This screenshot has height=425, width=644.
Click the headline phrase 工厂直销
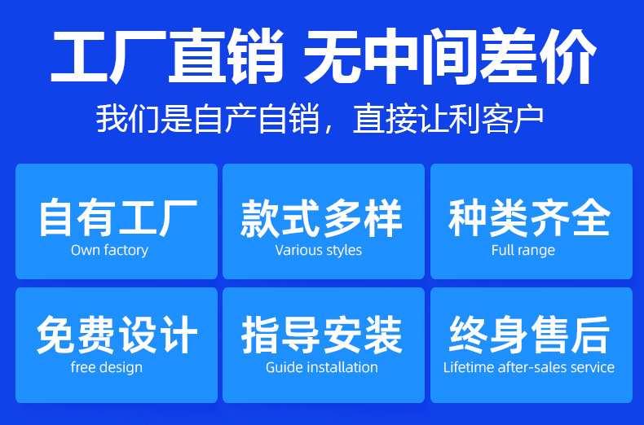click(167, 55)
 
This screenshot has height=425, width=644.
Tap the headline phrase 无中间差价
click(449, 55)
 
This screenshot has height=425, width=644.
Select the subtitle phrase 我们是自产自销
click(207, 119)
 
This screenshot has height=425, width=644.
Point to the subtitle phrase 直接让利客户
click(448, 119)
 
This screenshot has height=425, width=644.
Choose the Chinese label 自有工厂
click(118, 217)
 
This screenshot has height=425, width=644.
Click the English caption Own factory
click(109, 250)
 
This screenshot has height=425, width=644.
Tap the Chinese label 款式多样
click(321, 217)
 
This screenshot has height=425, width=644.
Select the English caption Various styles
click(318, 250)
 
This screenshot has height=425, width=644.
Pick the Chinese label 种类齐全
click(529, 217)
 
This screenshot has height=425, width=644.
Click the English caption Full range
click(523, 250)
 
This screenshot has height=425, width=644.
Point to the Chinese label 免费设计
click(117, 335)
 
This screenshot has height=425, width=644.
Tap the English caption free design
click(106, 367)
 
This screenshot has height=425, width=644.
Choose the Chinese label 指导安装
click(321, 335)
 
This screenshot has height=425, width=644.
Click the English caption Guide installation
click(321, 367)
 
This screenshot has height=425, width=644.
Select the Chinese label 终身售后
click(529, 335)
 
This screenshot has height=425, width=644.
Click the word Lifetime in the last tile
click(469, 367)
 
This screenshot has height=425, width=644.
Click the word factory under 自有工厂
click(126, 250)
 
